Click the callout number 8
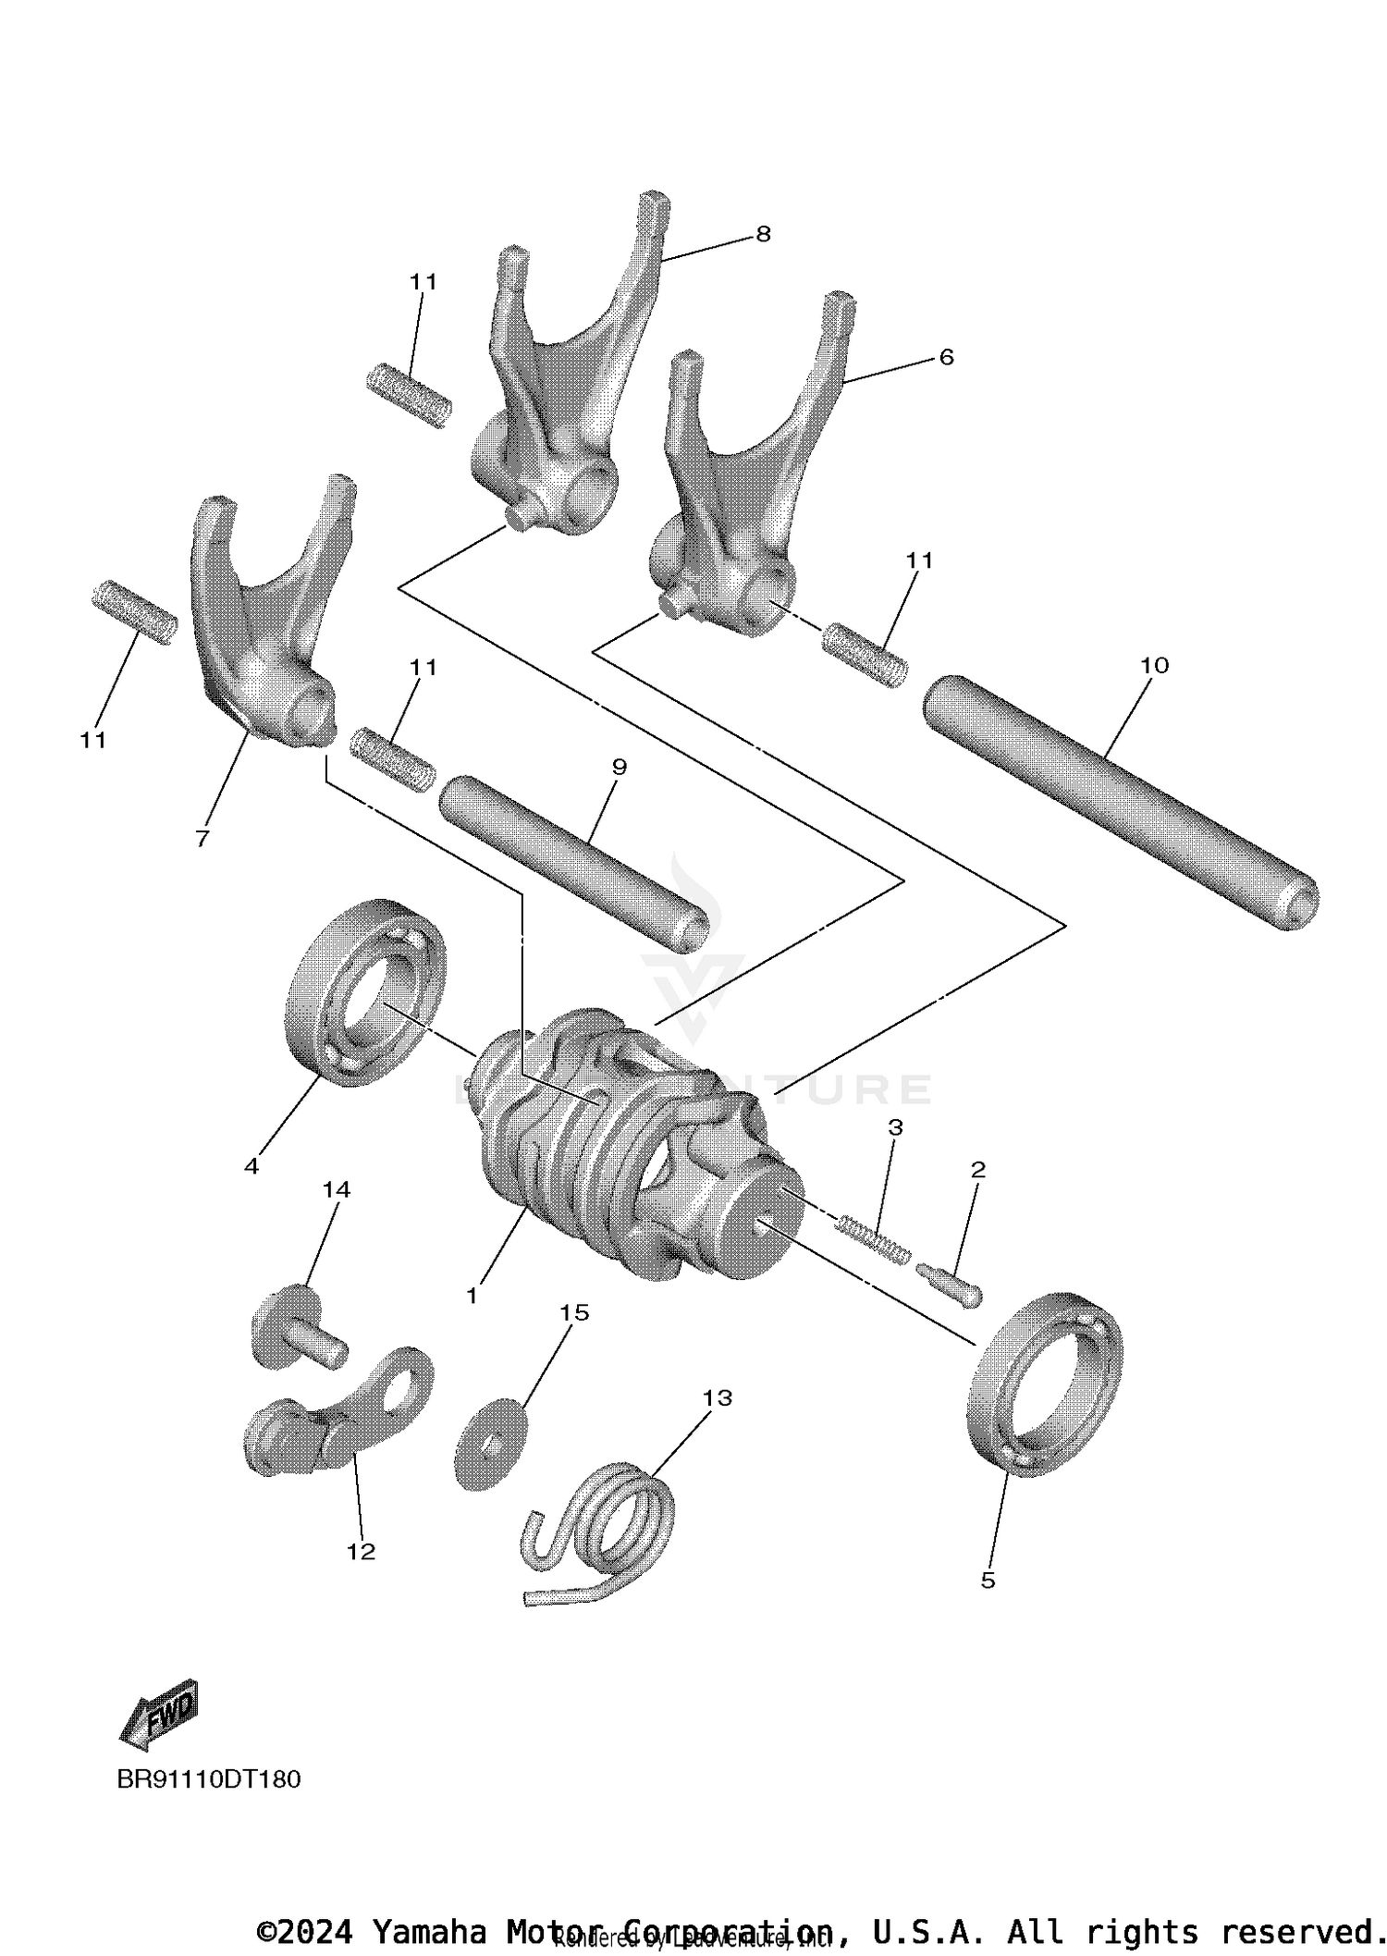click(x=763, y=234)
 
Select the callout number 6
click(x=946, y=357)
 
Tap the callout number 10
click(x=1154, y=665)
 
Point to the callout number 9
click(x=620, y=767)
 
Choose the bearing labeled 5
click(x=1045, y=1384)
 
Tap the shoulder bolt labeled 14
click(x=298, y=1326)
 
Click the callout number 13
click(x=718, y=1397)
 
